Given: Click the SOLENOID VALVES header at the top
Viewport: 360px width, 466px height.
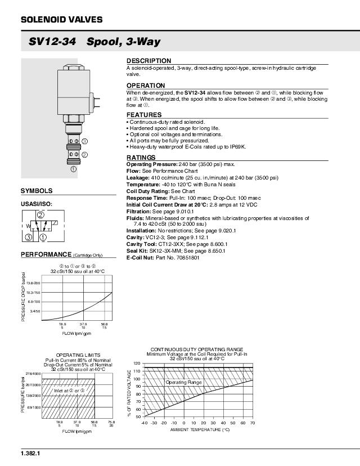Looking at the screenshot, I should point(61,20).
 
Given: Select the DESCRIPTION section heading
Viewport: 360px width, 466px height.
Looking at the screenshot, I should point(148,61).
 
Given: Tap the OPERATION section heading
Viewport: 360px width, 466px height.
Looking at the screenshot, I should point(146,86).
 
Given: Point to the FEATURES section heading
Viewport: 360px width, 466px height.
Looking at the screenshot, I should point(144,115).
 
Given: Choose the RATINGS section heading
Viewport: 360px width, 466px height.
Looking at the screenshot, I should point(141,158).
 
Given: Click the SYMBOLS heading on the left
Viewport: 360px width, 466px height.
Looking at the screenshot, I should point(37,191).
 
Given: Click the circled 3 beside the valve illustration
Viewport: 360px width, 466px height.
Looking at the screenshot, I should point(85,141).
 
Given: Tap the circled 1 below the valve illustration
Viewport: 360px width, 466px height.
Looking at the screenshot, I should point(73,168).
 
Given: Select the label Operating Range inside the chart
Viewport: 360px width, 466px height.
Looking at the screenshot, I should point(183,382).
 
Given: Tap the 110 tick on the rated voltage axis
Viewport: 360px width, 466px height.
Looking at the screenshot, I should point(136,371).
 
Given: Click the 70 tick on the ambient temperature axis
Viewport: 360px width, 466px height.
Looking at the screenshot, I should point(253,422).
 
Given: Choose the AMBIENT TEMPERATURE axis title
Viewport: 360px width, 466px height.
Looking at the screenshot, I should point(200,429).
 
